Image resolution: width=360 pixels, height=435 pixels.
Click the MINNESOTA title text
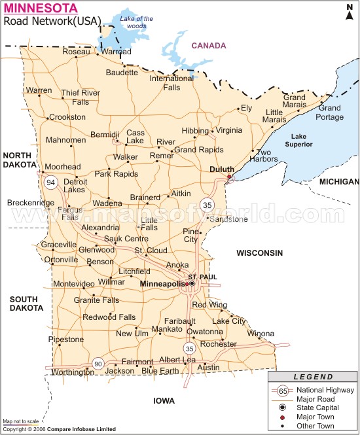[40, 9]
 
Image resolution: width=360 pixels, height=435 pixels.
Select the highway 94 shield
[50, 181]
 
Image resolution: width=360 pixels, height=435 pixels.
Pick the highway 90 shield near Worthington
[98, 364]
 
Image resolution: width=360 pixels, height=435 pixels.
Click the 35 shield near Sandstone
[207, 204]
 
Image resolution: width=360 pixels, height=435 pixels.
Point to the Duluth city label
[221, 169]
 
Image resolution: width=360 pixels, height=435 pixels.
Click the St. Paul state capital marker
[192, 284]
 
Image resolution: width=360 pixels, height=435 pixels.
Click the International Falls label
[172, 82]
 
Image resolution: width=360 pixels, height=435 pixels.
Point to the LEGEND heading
[313, 377]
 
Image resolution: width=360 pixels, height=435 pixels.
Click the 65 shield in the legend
[283, 391]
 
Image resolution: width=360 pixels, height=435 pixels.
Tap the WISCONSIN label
[260, 252]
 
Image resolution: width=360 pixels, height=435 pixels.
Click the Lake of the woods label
[136, 22]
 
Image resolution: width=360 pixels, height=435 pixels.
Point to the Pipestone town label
[66, 339]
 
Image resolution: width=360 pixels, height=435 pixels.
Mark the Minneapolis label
[163, 284]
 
